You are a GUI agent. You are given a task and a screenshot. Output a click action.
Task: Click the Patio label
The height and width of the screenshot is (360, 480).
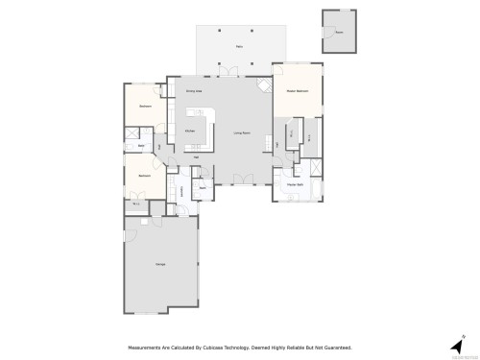tap(239, 45)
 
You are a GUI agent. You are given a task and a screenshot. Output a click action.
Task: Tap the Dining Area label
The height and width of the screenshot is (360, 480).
tap(193, 89)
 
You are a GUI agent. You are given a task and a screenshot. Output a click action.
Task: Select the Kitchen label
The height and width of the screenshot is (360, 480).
tap(190, 131)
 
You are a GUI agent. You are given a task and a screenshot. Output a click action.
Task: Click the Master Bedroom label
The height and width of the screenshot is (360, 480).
tap(296, 90)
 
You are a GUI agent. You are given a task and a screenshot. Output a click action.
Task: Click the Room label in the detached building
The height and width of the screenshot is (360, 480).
tap(338, 32)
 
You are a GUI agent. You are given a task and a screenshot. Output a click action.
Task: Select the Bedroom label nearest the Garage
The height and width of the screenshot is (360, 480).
tap(144, 176)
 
